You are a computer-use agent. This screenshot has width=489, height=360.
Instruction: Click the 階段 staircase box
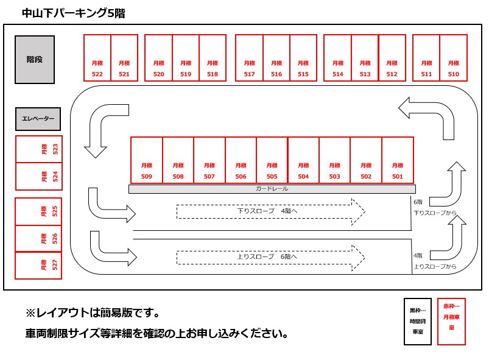(35, 60)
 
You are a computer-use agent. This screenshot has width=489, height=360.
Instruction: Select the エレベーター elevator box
(38, 119)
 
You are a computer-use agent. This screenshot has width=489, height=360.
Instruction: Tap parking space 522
(97, 58)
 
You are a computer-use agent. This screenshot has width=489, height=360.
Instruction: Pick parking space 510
(453, 58)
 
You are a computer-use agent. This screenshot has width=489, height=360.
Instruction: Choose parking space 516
(276, 58)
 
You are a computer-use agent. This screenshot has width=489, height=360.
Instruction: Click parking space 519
(186, 58)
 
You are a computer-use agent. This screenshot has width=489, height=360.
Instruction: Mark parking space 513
(365, 58)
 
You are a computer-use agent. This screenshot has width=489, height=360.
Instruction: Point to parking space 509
(147, 160)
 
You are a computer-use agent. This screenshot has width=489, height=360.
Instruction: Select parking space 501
(398, 160)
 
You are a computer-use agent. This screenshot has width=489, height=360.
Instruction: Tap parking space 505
(272, 160)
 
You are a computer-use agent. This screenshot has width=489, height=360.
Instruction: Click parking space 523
(38, 149)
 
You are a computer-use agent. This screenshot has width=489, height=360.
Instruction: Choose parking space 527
(38, 265)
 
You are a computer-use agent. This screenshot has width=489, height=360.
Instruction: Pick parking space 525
(38, 211)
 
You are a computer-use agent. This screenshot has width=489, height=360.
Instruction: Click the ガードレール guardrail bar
(272, 189)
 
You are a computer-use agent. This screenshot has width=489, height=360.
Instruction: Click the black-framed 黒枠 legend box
(418, 321)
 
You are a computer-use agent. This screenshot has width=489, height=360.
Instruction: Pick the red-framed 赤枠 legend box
(452, 321)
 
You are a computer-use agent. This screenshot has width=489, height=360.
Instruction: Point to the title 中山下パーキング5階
(73, 13)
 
